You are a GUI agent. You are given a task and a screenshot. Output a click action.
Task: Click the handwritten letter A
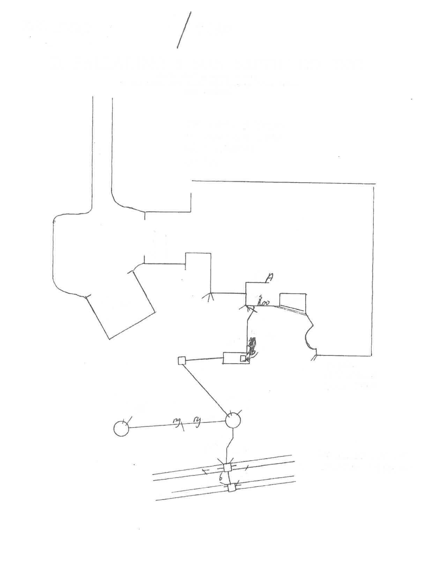point(269,278)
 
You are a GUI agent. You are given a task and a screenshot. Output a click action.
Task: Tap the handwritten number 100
point(264,303)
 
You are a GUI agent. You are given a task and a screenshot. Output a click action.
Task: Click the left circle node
point(121,428)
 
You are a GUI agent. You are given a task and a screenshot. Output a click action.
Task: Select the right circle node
point(233,421)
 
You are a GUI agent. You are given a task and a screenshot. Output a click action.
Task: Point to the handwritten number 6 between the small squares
point(221,478)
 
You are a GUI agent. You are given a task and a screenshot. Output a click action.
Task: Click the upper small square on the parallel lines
point(228,467)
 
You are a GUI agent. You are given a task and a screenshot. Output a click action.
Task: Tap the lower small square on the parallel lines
point(232,488)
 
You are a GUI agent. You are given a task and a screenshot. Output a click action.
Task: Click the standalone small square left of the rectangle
point(181,361)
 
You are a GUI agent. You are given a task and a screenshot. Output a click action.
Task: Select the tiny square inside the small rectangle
point(243,358)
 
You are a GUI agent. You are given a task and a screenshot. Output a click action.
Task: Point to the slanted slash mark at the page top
point(184,30)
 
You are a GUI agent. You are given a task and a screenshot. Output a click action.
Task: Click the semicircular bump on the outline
point(309,336)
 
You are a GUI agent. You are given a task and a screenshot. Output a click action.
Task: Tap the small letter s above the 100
point(260,297)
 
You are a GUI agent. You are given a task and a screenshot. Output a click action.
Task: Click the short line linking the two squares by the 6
point(229,478)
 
